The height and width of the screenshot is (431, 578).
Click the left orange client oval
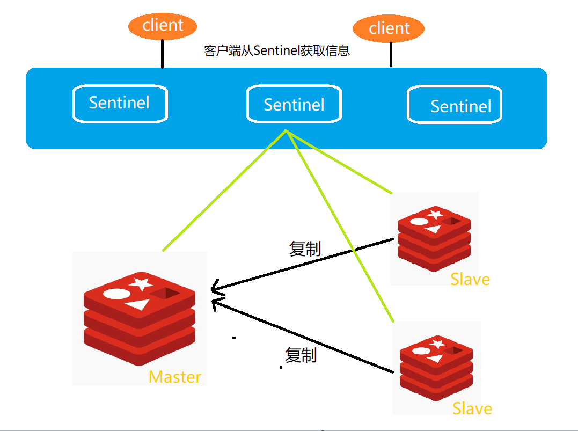(163, 25)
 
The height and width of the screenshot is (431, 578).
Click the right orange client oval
(389, 28)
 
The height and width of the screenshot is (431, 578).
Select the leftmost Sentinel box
(120, 103)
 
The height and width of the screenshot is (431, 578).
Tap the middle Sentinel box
(294, 104)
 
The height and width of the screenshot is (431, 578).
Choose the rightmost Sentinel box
(455, 106)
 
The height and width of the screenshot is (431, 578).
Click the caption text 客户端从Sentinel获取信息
(277, 50)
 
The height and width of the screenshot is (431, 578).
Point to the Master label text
(175, 377)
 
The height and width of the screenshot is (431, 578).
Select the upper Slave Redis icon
(434, 236)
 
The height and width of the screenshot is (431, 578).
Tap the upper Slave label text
(470, 279)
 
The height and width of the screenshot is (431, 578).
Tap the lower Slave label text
(472, 408)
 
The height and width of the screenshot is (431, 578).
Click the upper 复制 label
(305, 249)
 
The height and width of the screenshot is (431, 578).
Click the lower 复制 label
(301, 355)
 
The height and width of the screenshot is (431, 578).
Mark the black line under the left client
(162, 54)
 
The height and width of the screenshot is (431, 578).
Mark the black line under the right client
(391, 55)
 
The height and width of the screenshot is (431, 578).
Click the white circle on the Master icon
(116, 294)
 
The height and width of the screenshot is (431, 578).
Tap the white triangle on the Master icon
(138, 304)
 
